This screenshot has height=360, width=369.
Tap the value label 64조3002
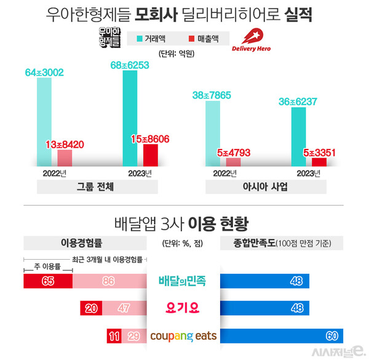[44, 73]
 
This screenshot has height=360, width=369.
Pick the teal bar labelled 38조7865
[212, 133]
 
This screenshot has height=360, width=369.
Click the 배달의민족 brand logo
[183, 281]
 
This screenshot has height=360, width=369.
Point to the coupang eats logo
[183, 337]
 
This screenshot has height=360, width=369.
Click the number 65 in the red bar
[47, 281]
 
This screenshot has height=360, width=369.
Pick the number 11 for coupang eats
[114, 337]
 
